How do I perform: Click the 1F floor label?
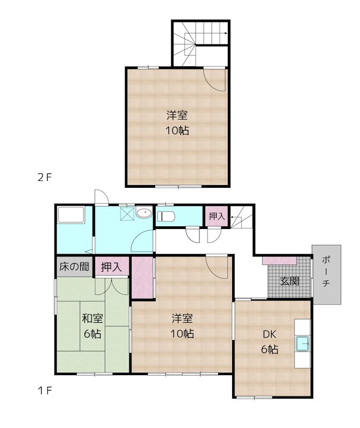44,390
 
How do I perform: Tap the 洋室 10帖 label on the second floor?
177,123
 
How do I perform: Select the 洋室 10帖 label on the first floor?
182,326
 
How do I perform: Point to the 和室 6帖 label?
92,326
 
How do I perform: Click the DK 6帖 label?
269,342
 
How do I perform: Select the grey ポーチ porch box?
326,275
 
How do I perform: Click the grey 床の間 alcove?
74,266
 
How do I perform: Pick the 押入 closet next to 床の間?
111,266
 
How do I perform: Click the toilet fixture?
166,217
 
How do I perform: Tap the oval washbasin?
143,214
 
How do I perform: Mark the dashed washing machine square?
127,214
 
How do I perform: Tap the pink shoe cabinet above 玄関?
279,261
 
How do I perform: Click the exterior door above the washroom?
101,197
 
